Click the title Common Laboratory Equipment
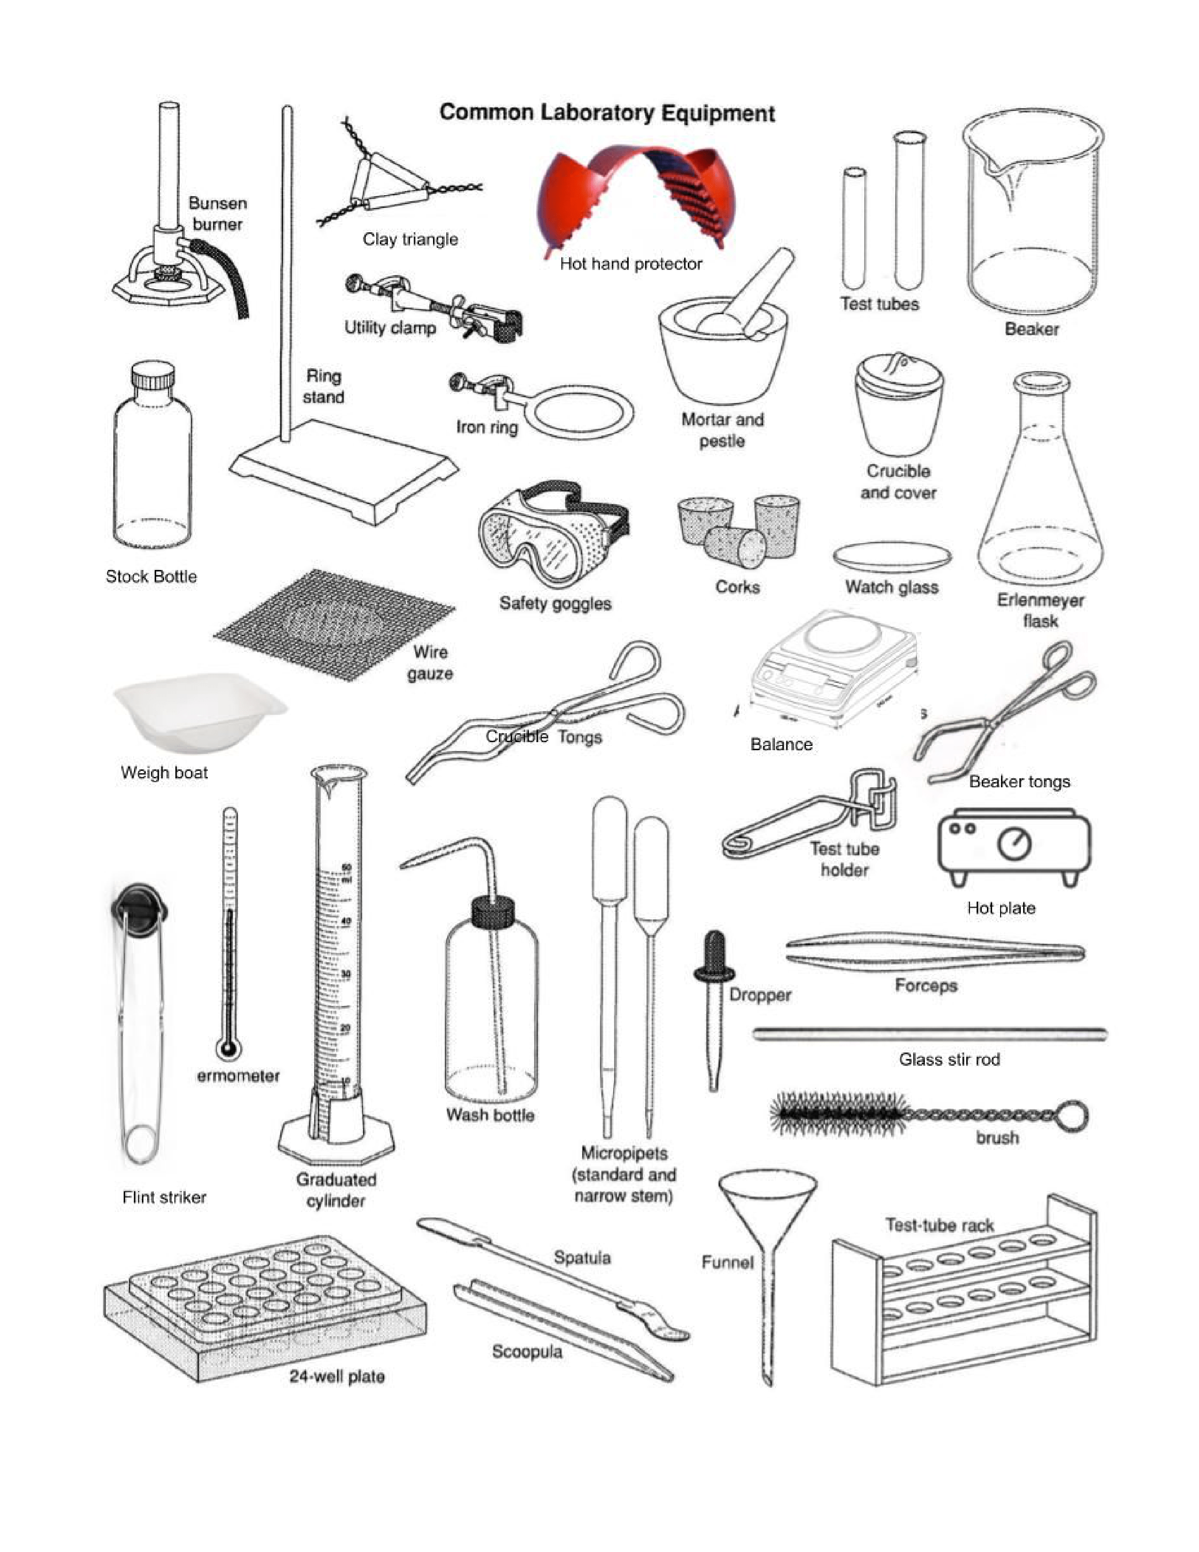607,113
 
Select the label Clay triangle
410,239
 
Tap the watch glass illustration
891,556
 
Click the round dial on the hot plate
1014,844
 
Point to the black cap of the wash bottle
493,912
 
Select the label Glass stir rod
949,1060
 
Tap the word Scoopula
527,1352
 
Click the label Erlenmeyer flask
1040,610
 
